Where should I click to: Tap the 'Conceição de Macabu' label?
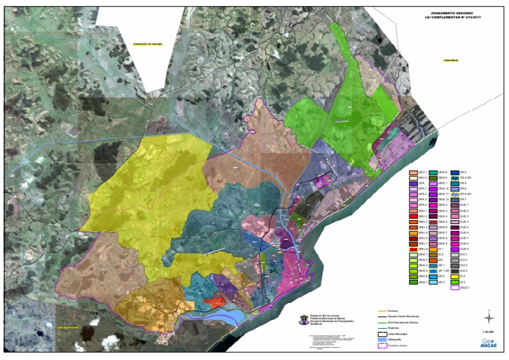point(146,44)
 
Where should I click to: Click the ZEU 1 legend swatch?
point(412,172)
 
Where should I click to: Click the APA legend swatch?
point(412,183)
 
